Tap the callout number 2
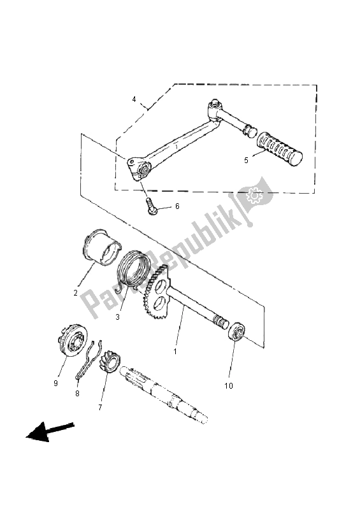[75, 293]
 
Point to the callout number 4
[134, 99]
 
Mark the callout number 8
[77, 394]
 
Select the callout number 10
[228, 385]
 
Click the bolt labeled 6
[152, 206]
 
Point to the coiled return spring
[136, 270]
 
